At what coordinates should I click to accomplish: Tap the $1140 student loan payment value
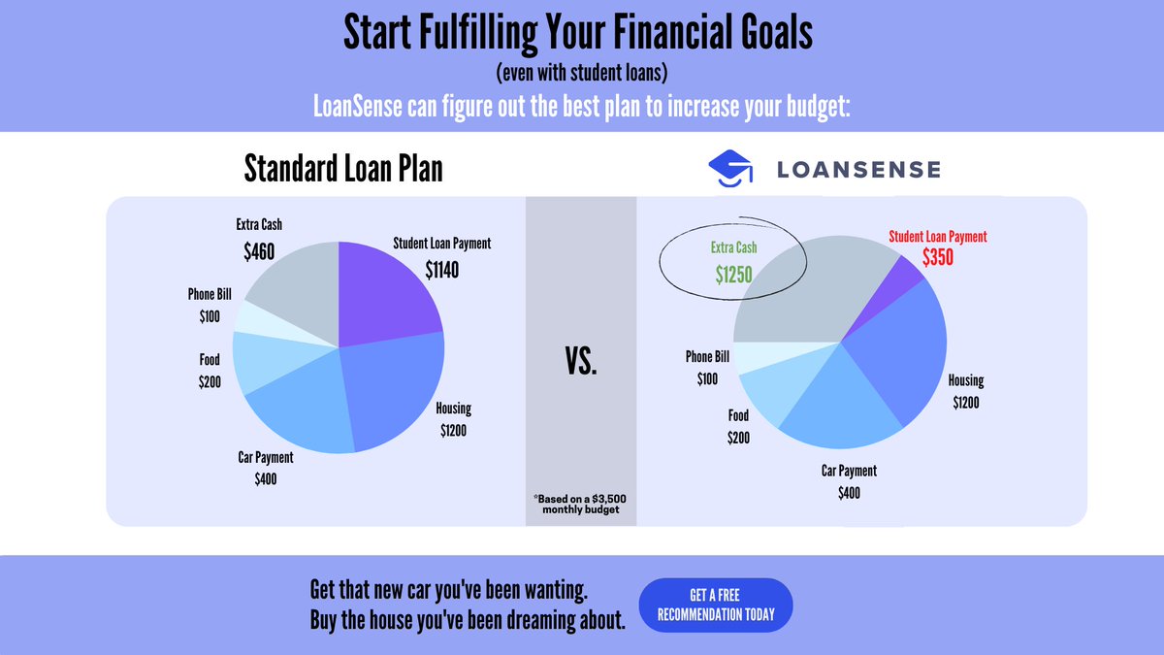coord(441,271)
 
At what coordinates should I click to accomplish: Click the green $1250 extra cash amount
coord(733,275)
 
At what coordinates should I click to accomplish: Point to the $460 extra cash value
coord(259,252)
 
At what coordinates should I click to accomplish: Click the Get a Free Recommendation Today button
coord(716,605)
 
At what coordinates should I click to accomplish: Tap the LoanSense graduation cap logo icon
coord(730,169)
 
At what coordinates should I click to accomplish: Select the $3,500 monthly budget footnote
coord(581,504)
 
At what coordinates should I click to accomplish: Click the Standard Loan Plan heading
coord(343,169)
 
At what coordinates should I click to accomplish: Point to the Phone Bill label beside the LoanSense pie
coord(707,356)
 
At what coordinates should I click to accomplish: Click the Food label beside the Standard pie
coord(210,360)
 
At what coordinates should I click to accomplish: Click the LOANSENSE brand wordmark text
coord(857,170)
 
